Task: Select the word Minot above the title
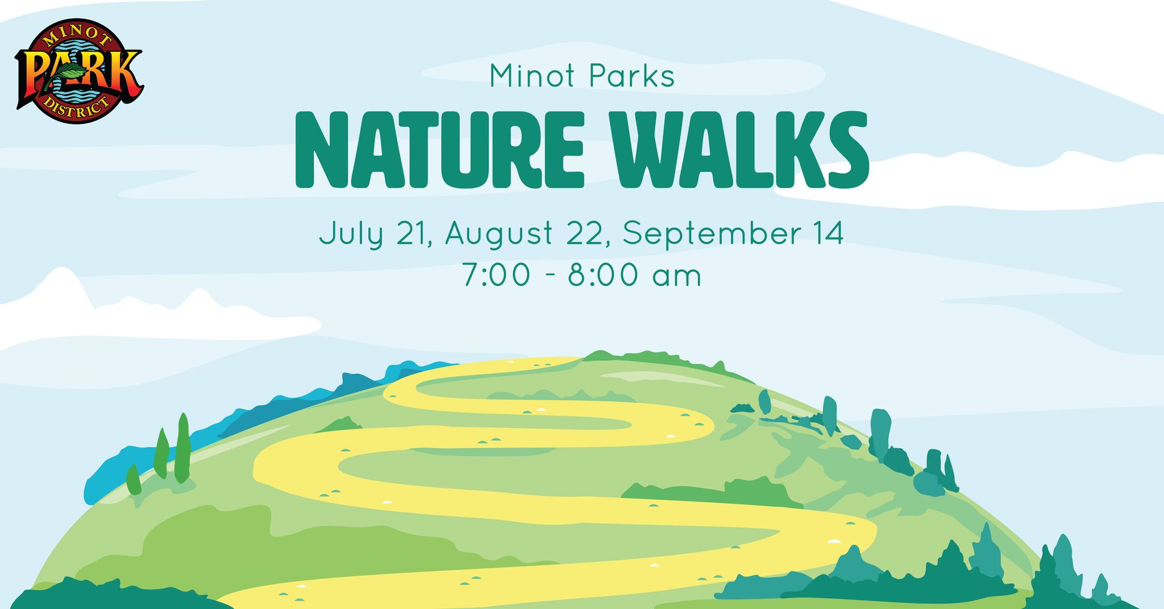tap(532, 77)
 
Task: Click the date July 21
tap(376, 235)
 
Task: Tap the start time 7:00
tap(497, 276)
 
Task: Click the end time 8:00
tap(602, 276)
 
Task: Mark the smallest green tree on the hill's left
tap(134, 480)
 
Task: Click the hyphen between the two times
tap(550, 278)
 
